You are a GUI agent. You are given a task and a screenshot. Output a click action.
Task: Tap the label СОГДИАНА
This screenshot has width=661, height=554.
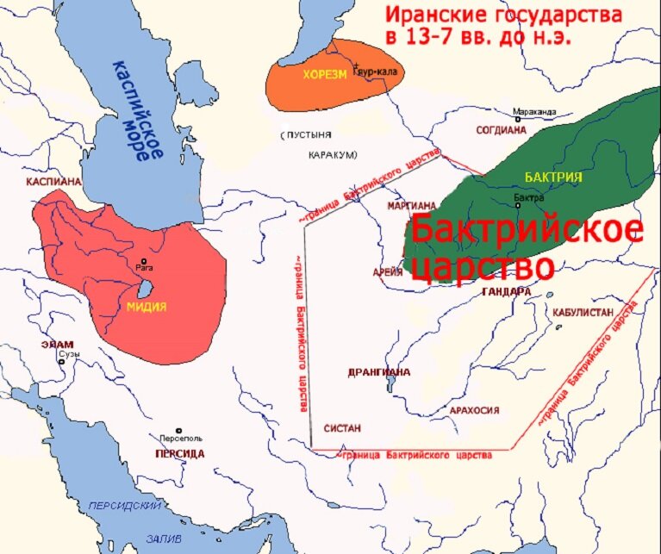point(501,130)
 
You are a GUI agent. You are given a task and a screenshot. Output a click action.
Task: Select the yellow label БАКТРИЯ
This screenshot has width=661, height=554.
point(547,176)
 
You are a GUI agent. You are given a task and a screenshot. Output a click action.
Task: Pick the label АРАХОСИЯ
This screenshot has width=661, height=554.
point(475,410)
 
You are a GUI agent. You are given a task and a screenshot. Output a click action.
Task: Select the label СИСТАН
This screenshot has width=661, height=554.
point(342,427)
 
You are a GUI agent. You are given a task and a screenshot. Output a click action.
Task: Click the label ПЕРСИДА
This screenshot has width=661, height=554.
point(179,453)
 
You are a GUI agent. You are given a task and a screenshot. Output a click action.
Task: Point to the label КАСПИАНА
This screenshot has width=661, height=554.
point(53,183)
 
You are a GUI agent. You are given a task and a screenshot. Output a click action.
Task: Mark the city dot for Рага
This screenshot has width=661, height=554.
point(144,261)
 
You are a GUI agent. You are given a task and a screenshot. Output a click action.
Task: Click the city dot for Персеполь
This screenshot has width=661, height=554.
point(179,431)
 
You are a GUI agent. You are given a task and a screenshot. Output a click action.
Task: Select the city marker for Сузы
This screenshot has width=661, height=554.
point(61,363)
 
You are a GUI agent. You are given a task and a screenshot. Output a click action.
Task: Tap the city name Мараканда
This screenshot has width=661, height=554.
point(534,112)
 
